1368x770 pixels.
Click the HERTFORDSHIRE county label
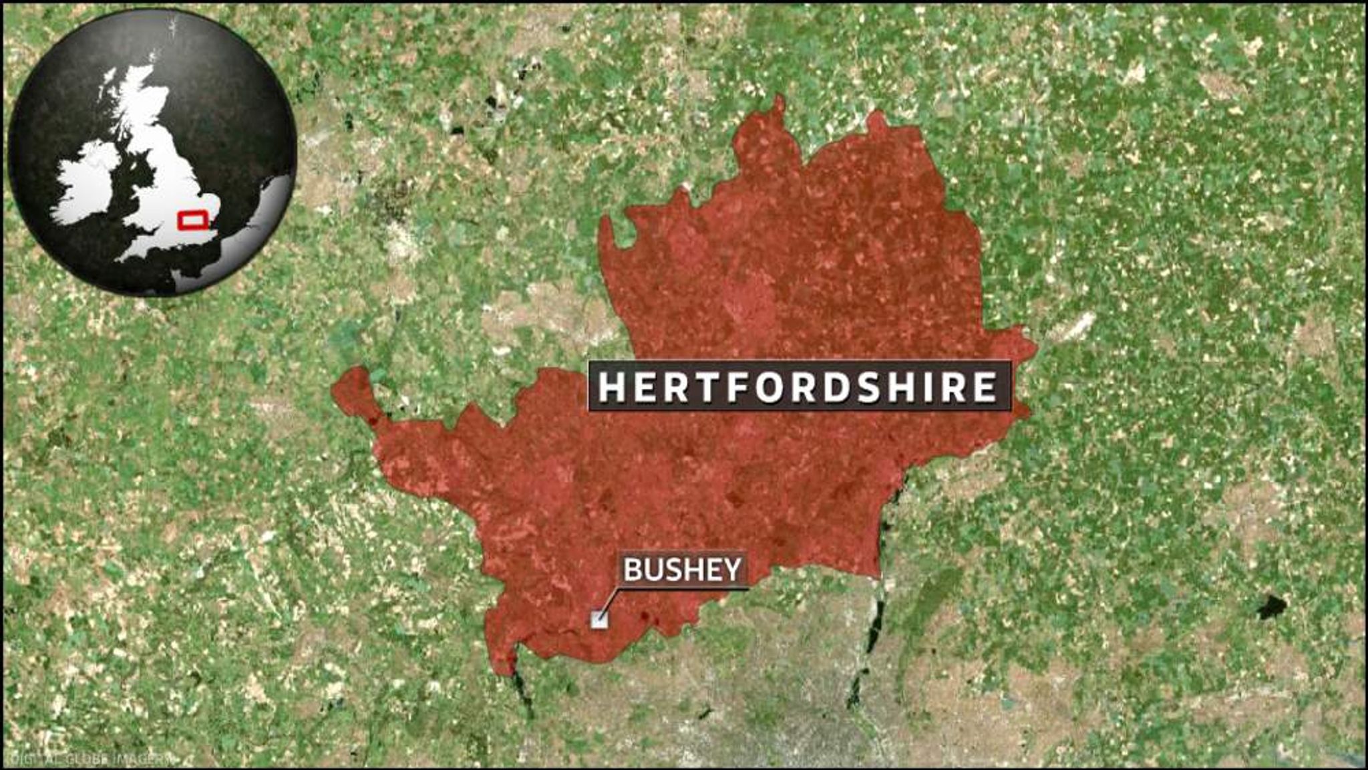[x=799, y=386]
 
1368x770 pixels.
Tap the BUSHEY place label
[x=682, y=569]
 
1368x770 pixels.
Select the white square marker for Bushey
[x=599, y=620]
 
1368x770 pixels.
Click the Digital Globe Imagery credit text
[x=87, y=759]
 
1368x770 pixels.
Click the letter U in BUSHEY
[x=653, y=570]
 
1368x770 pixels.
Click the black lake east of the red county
[x=1271, y=607]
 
